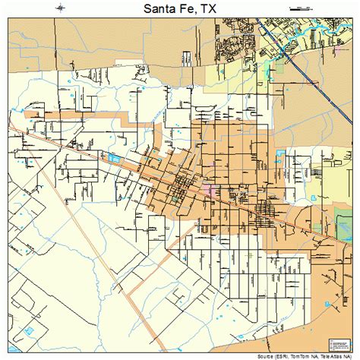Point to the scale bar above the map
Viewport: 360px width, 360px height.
(300, 8)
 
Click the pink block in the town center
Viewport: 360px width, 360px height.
(209, 187)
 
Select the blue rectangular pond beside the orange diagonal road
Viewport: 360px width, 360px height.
(114, 158)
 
